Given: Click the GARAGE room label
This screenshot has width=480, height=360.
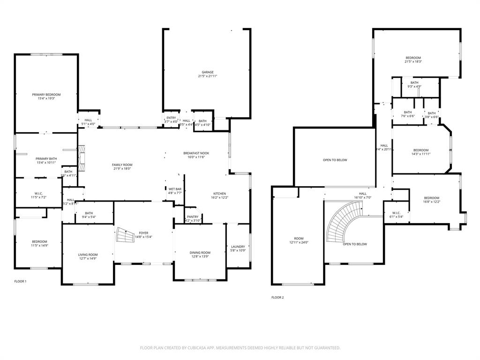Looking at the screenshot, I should [x=208, y=72].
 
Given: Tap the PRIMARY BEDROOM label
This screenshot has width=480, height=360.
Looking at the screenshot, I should [x=46, y=95].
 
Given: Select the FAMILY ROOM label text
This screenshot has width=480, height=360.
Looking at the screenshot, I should [x=122, y=165].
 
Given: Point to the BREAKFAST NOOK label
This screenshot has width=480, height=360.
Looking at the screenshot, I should [x=196, y=153].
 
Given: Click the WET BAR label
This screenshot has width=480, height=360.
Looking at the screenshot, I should [x=175, y=189].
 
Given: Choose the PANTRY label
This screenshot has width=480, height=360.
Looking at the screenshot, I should [x=193, y=217].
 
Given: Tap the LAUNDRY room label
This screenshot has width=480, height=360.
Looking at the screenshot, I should [x=238, y=247].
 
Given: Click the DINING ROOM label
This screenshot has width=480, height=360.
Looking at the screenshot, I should [x=200, y=253].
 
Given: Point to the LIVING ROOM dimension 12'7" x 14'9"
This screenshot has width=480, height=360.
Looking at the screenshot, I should [x=88, y=259].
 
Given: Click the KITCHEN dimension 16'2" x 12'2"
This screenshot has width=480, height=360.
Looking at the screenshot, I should [x=219, y=198].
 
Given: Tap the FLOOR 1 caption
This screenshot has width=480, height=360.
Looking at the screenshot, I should [x=20, y=281].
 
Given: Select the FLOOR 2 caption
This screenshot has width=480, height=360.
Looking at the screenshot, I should [x=277, y=297].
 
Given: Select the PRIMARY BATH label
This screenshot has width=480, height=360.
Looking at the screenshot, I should [x=46, y=159].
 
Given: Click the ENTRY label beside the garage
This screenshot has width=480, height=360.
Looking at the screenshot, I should [x=171, y=118].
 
